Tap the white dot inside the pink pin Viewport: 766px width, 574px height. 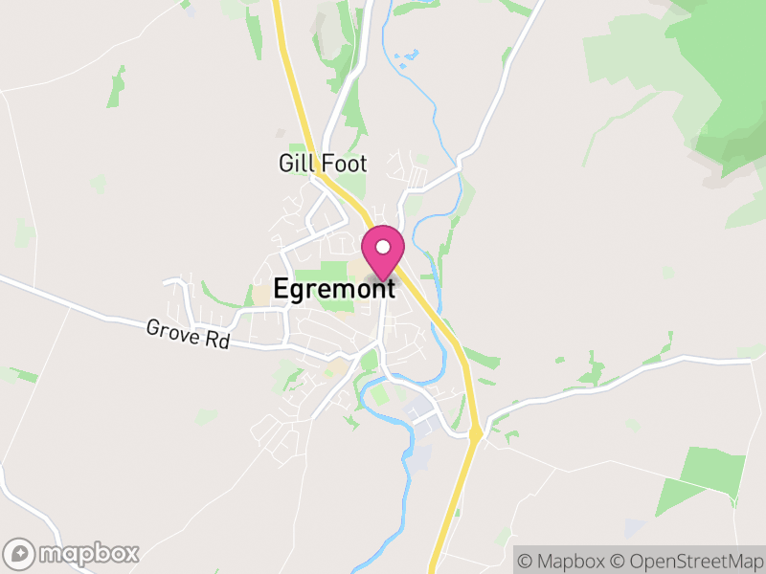[383, 247]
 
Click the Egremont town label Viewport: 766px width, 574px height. [334, 290]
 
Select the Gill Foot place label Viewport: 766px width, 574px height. [323, 164]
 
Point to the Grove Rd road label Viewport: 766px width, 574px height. [188, 334]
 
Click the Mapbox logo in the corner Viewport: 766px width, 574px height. [73, 553]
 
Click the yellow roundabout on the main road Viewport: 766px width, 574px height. [476, 434]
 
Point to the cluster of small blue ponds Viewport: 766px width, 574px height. [405, 57]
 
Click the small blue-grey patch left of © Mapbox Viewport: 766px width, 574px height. [634, 527]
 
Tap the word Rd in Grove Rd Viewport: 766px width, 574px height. [219, 340]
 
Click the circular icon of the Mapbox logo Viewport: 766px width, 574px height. [19, 553]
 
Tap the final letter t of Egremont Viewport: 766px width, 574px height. [391, 290]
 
